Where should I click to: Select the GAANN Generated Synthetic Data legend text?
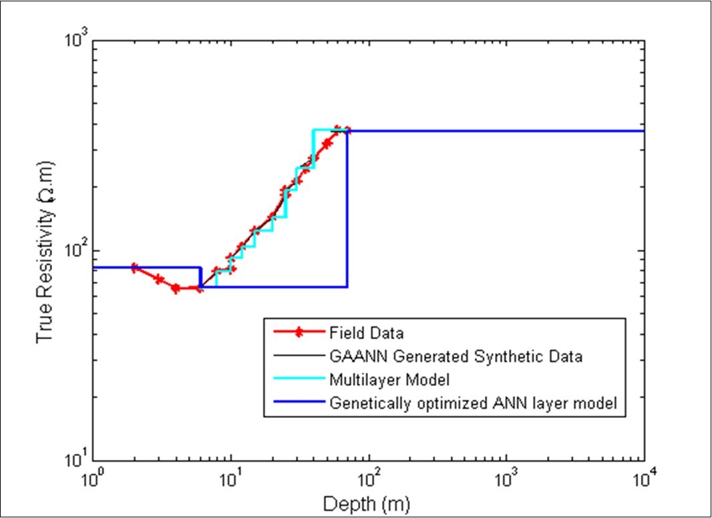click(456, 356)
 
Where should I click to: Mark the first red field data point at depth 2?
click(134, 268)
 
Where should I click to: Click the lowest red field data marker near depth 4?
click(176, 288)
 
